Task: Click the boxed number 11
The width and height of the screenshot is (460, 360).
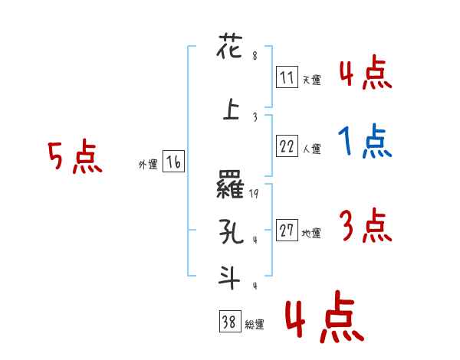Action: point(287,77)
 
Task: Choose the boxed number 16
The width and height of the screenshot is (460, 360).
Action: point(173,162)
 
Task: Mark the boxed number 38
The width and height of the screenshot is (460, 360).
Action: point(229,323)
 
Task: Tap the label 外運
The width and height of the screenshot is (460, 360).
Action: point(147,164)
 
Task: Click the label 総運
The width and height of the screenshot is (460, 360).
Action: point(255,325)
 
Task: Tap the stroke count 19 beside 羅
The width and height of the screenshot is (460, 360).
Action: point(255,195)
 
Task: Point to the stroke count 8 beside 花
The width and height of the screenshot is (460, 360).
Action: point(254,55)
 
